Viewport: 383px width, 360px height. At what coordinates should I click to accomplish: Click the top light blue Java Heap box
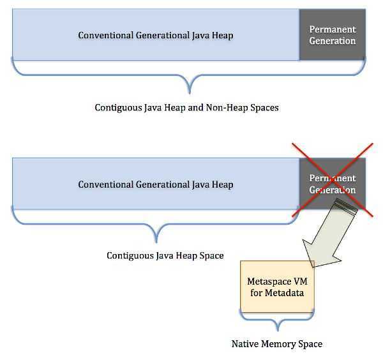(156, 35)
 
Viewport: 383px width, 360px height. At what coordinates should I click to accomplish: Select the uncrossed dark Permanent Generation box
(332, 35)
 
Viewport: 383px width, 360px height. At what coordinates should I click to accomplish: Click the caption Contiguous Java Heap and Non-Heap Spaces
(186, 107)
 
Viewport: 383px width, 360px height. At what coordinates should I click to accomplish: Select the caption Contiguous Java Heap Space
(165, 255)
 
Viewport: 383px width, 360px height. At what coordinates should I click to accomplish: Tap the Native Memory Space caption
(276, 343)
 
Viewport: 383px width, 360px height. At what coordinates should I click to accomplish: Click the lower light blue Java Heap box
(156, 184)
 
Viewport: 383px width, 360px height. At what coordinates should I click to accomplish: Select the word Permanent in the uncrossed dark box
(332, 29)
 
